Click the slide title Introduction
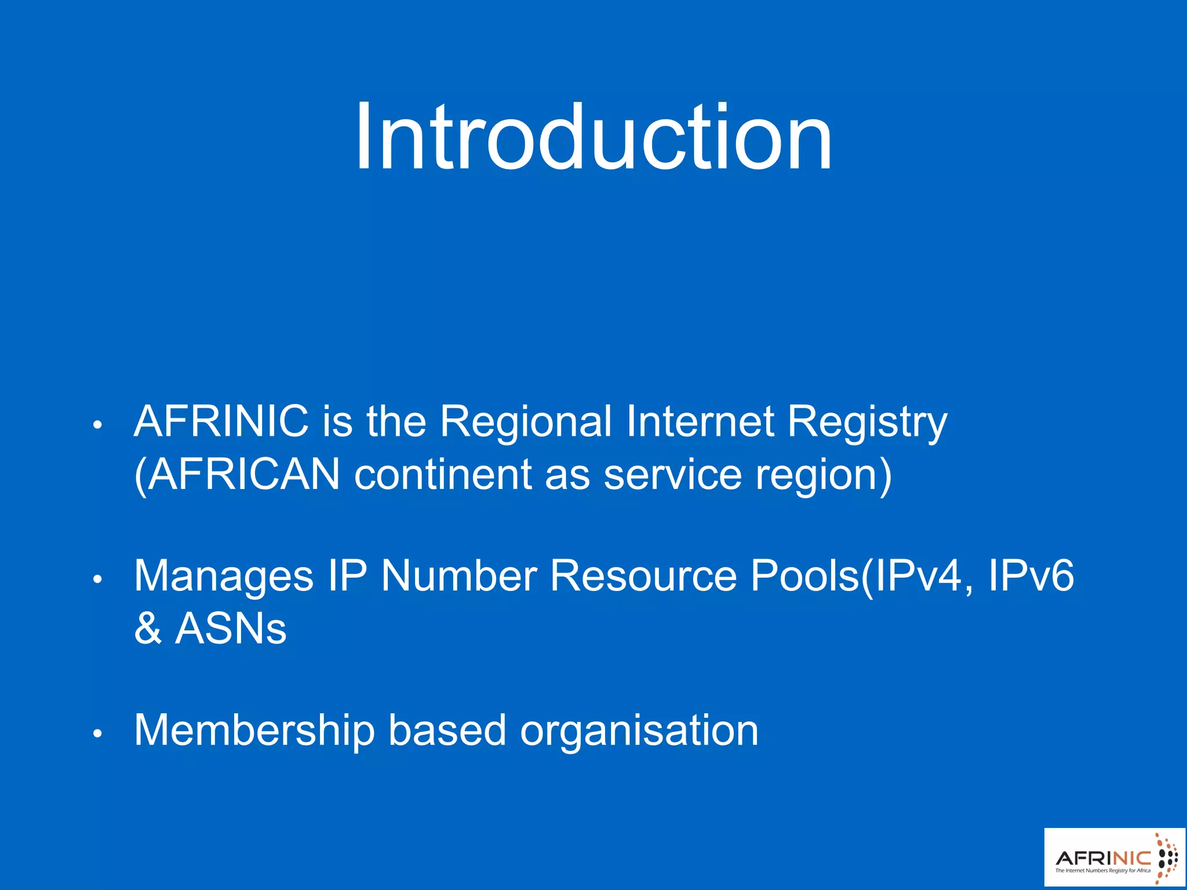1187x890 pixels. point(593,137)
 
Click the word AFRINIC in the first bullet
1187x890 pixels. point(221,421)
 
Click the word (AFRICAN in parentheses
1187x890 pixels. point(237,475)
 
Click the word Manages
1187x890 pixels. point(224,577)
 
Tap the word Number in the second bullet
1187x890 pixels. point(458,576)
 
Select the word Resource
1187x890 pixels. point(643,576)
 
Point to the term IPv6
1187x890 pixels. point(1031,576)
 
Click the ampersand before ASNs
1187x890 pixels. point(147,629)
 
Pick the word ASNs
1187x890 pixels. point(231,629)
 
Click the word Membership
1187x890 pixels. point(254,731)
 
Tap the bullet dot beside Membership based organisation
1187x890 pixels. point(97,734)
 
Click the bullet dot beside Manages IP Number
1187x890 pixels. point(97,579)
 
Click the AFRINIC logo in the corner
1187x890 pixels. point(1115,858)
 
